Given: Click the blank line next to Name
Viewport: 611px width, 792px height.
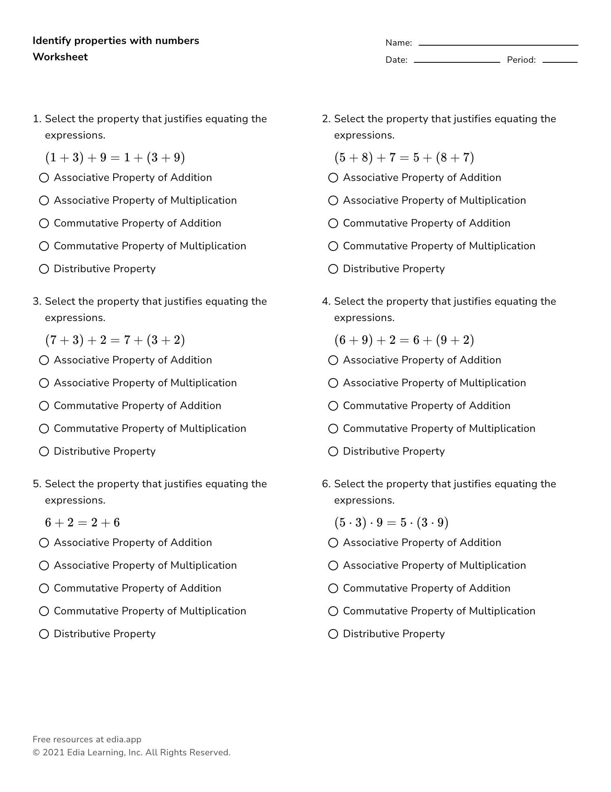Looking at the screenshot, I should (x=498, y=44).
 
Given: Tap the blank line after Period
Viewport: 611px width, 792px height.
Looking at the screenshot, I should (x=560, y=62).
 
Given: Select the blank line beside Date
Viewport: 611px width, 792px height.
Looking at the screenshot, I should (x=457, y=62).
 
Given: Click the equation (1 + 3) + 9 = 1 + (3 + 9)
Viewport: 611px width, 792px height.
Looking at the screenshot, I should (x=115, y=157).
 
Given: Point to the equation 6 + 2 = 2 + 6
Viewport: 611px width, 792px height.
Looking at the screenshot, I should (x=83, y=522).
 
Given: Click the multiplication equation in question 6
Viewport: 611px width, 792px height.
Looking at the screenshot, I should (x=391, y=522).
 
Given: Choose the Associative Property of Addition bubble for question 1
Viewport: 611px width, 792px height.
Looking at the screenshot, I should (x=44, y=178).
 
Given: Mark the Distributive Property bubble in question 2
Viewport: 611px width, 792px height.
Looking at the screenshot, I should (x=333, y=269).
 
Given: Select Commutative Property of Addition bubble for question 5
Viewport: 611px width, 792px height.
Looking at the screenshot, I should (x=44, y=588).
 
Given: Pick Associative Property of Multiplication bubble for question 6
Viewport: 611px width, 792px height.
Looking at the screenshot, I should (x=333, y=565).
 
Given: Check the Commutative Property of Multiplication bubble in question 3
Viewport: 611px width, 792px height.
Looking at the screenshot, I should (x=44, y=429).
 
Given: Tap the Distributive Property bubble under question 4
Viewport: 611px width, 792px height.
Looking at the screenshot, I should (x=333, y=451).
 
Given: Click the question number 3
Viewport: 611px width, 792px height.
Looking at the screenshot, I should (x=37, y=301).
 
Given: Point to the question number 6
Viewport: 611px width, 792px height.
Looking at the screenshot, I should (x=326, y=484).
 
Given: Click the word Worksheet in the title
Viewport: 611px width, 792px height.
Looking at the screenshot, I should (x=60, y=57).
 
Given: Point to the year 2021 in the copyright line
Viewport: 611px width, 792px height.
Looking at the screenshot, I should (x=53, y=752).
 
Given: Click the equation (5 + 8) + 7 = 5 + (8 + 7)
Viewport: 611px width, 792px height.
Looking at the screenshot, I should (x=404, y=157).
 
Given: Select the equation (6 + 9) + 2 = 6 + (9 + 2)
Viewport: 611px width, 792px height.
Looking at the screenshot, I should (x=404, y=340).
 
